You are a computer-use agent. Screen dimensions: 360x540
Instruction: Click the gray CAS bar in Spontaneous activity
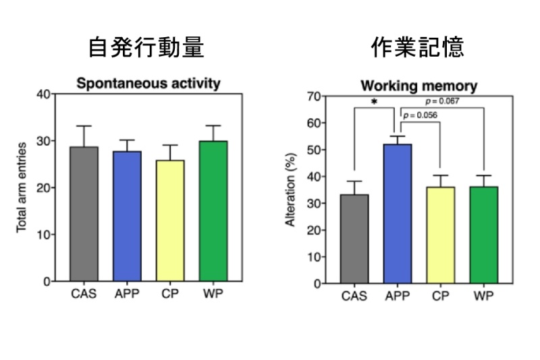coord(84,213)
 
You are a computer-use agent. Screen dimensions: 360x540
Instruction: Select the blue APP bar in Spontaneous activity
coord(126,215)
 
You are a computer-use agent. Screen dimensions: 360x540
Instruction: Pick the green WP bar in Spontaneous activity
coord(213,211)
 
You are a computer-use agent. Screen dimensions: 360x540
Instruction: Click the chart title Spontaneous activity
coord(148,84)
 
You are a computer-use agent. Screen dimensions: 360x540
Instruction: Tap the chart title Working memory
coord(418,86)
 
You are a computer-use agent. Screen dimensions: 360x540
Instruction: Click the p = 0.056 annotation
coord(419,115)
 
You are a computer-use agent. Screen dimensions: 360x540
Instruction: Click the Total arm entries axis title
coord(22,187)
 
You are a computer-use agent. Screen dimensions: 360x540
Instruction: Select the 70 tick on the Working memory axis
coord(312,97)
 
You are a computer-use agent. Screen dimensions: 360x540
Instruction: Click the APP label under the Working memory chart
coord(398,295)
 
